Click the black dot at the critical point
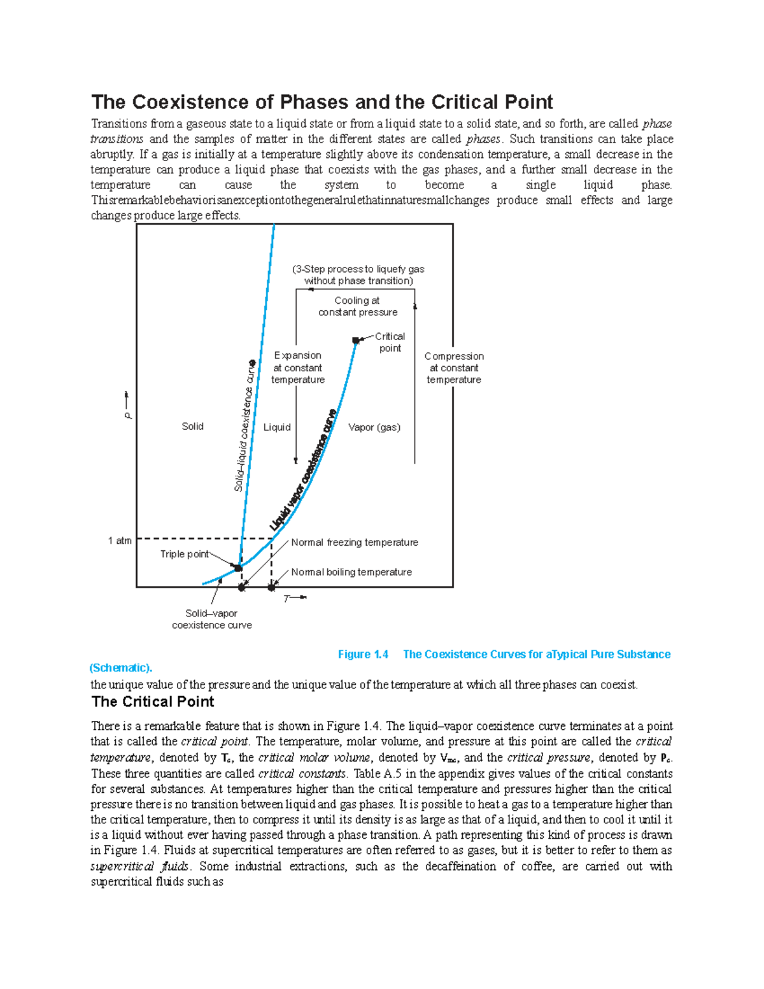point(356,341)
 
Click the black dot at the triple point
point(237,567)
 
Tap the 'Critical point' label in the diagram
point(390,342)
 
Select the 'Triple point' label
point(184,554)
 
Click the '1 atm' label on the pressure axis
point(120,541)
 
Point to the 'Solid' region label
point(192,426)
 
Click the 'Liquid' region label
point(277,427)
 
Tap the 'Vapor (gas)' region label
point(374,427)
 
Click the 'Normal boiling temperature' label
point(351,572)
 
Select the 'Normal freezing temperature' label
point(355,543)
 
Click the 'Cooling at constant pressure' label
point(358,306)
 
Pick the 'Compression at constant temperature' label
point(454,368)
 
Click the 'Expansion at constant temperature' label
point(298,367)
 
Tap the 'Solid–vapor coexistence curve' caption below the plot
point(212,619)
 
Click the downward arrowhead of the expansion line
point(296,460)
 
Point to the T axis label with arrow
point(294,598)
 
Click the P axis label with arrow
point(128,406)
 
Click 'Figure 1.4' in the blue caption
point(363,654)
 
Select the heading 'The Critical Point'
point(153,702)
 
